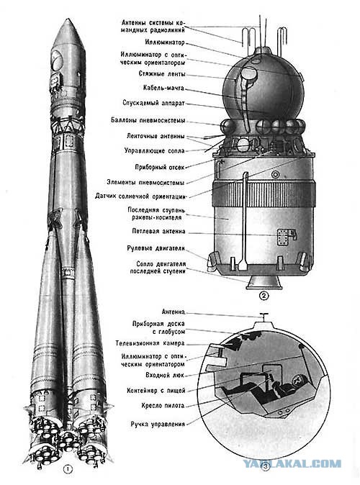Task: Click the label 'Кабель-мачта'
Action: click(163, 89)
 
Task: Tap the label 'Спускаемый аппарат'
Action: click(153, 103)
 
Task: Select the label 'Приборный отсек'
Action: click(159, 168)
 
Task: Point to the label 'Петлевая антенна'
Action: click(158, 232)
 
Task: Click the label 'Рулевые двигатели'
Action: click(156, 248)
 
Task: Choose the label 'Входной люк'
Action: click(165, 375)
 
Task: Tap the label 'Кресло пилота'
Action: click(163, 406)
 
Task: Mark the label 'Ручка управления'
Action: click(158, 425)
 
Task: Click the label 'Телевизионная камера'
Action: click(150, 343)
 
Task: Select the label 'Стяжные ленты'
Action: click(162, 74)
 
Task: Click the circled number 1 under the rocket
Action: click(68, 469)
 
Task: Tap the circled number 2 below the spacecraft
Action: click(264, 296)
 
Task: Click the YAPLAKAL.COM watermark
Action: click(292, 463)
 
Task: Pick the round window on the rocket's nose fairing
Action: click(57, 59)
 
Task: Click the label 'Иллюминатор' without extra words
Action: click(165, 42)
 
